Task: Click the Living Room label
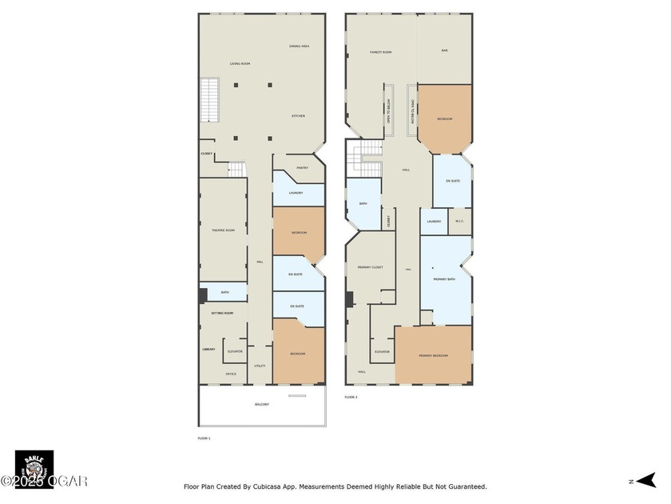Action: (240, 63)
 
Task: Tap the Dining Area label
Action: (299, 46)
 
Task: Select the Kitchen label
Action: (298, 116)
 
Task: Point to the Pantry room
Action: (302, 168)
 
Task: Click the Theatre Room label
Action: (223, 230)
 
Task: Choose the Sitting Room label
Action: (222, 313)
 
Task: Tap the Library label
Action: (208, 350)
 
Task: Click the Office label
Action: (230, 374)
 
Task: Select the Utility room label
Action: (260, 366)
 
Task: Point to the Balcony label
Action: (262, 405)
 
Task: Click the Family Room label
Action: (380, 52)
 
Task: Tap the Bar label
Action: (445, 50)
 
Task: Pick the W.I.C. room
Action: (459, 222)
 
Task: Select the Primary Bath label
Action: (445, 279)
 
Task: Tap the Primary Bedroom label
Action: (433, 355)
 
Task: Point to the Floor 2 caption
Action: (351, 397)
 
